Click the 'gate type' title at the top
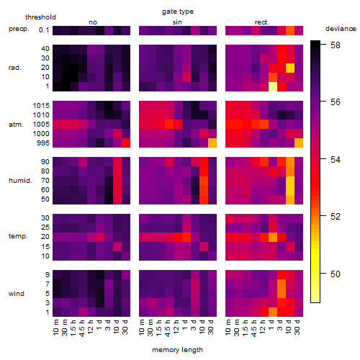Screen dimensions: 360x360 pyautogui.click(x=178, y=12)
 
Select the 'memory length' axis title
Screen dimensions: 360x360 pyautogui.click(x=177, y=350)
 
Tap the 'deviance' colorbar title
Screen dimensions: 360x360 pyautogui.click(x=341, y=29)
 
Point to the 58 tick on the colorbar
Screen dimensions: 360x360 pyautogui.click(x=336, y=45)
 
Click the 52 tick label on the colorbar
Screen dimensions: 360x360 pyautogui.click(x=336, y=217)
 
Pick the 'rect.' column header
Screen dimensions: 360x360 pyautogui.click(x=261, y=22)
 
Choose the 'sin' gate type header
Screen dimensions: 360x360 pyautogui.click(x=177, y=22)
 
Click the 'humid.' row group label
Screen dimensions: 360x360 pyautogui.click(x=20, y=181)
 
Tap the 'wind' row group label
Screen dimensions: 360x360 pyautogui.click(x=17, y=294)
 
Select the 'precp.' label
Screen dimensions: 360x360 pyautogui.click(x=19, y=29)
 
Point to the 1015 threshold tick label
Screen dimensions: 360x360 pyautogui.click(x=41, y=106)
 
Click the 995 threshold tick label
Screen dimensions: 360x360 pyautogui.click(x=43, y=143)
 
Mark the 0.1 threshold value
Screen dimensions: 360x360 pyautogui.click(x=44, y=30)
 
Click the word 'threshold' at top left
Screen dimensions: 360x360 pyautogui.click(x=40, y=17)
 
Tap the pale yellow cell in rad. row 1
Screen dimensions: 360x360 pyautogui.click(x=273, y=86)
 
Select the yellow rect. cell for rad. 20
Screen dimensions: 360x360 pyautogui.click(x=290, y=68)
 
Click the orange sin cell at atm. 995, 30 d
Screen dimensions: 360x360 pyautogui.click(x=212, y=143)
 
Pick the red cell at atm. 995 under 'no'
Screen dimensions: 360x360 pyautogui.click(x=126, y=143)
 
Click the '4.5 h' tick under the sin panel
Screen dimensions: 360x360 pyautogui.click(x=168, y=328)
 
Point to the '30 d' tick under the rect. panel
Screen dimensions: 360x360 pyautogui.click(x=297, y=327)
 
